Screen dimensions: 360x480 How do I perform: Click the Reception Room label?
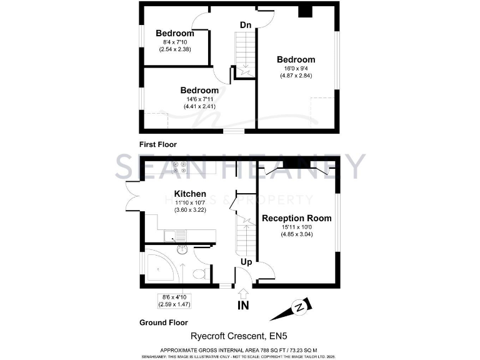coord(296,218)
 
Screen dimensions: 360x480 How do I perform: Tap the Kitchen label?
coord(190,194)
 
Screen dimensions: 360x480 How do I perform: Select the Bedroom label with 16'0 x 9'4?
coord(296,59)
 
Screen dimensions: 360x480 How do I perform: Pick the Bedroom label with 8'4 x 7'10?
coord(174,33)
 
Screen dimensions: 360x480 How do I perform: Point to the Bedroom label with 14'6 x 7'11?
coord(199,91)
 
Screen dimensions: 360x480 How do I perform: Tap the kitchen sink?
coord(171,236)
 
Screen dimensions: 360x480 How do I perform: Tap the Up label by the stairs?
coord(246,262)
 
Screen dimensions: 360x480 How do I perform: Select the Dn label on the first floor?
coord(246,25)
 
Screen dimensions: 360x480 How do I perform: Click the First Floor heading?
coord(159,143)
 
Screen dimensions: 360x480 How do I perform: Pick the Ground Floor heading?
coord(163,323)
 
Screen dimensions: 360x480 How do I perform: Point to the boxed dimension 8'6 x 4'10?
coord(174,300)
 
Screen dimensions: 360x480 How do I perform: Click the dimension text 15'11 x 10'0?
coord(296,228)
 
